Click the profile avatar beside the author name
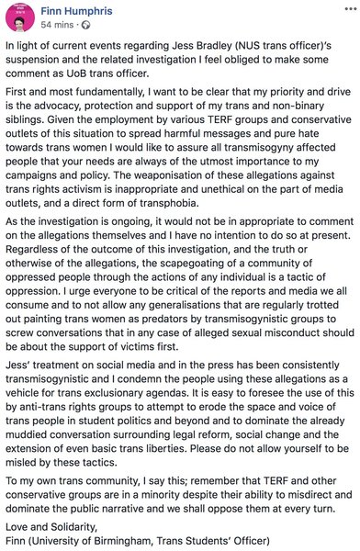(18, 17)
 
